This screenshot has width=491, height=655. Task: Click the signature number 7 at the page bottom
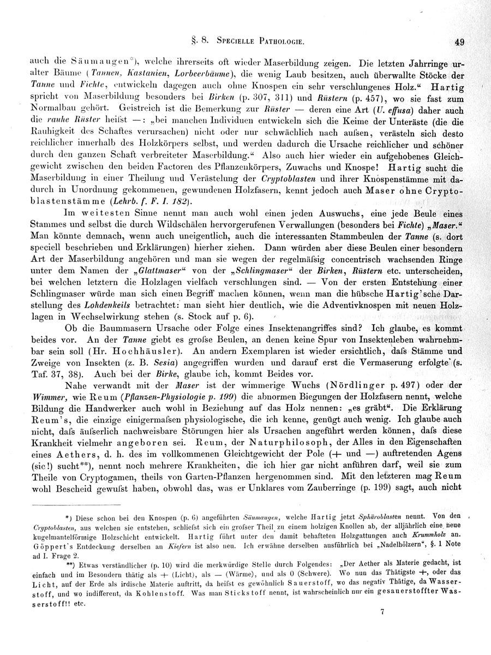382,612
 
